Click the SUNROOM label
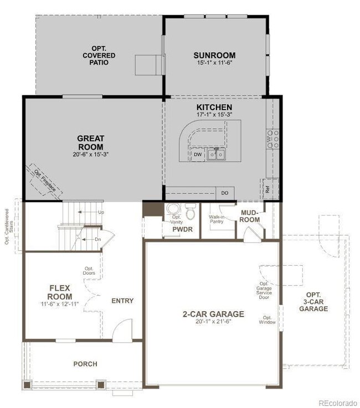coord(214,55)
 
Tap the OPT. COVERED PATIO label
coord(100,55)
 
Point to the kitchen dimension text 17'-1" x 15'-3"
coord(214,115)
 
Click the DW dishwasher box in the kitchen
coord(198,155)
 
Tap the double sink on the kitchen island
coord(216,154)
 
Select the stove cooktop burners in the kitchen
coord(272,138)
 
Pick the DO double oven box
coord(225,193)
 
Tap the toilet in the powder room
coord(190,213)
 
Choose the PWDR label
coord(182,229)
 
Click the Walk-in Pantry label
coord(217,219)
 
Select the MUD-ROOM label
coord(250,216)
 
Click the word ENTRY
coord(122,301)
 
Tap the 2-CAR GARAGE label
coord(212,314)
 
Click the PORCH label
coord(85,364)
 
